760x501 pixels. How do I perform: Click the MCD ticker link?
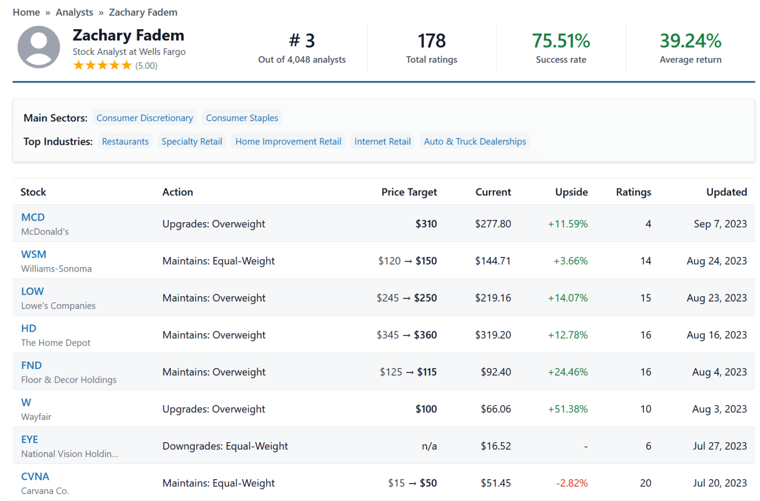point(33,217)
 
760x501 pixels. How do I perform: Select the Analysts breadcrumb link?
point(74,12)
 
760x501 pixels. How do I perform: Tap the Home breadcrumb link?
point(26,12)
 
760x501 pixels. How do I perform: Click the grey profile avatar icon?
point(39,47)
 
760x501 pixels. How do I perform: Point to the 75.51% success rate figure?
point(561,41)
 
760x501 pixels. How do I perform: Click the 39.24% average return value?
point(690,41)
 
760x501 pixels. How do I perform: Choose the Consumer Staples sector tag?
point(242,118)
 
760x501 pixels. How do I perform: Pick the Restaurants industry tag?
point(125,141)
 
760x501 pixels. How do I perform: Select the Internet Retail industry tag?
point(382,141)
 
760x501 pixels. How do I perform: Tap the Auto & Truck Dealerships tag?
point(475,141)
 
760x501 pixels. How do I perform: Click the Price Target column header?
point(409,192)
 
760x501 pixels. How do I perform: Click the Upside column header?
point(571,192)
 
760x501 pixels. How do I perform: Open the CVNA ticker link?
point(35,476)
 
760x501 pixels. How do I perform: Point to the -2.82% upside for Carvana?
point(571,483)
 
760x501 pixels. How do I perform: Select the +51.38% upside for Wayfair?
point(568,409)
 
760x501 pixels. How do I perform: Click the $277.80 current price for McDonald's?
point(493,224)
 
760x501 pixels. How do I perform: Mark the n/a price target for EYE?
point(429,446)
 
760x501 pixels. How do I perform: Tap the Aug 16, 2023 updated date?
point(716,335)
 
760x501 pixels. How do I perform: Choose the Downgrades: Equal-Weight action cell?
point(225,446)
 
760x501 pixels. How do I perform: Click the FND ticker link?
point(31,365)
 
